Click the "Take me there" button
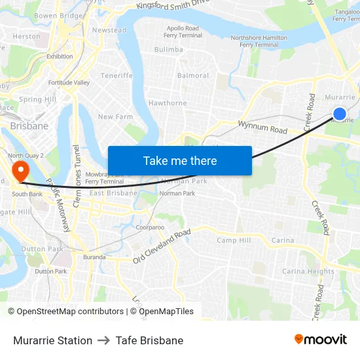(180, 160)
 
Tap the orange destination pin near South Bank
(21, 171)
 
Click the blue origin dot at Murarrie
(339, 114)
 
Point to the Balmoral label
(194, 76)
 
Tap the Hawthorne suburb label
(168, 103)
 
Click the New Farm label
(115, 117)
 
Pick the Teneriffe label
(117, 76)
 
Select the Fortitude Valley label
(69, 83)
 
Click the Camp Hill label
(234, 241)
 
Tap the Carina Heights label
(308, 271)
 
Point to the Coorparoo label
(150, 228)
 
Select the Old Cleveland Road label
(162, 246)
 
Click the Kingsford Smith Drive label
(173, 6)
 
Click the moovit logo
(320, 340)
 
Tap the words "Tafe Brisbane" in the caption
(149, 340)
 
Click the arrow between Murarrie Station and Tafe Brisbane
(104, 340)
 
